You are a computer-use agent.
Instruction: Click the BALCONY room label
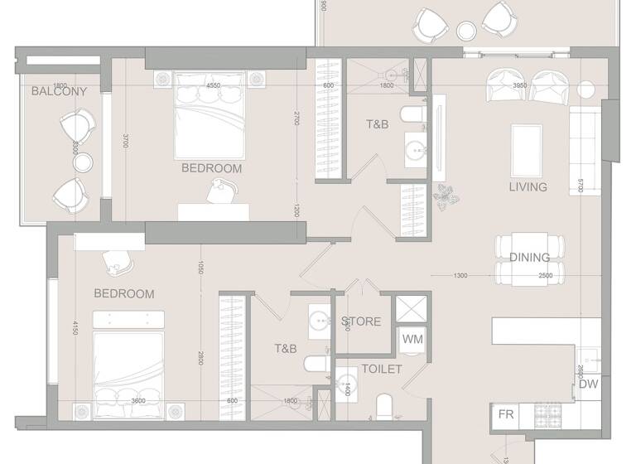click(59, 91)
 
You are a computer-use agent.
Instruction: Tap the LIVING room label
click(528, 187)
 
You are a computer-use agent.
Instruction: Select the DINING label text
click(530, 258)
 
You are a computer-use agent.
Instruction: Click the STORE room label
click(361, 321)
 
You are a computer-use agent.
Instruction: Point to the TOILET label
click(381, 369)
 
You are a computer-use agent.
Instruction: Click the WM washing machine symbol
click(412, 339)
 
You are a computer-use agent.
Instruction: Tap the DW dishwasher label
click(589, 384)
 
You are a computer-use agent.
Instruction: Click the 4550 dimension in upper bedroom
click(213, 85)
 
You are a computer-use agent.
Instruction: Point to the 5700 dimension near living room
click(581, 186)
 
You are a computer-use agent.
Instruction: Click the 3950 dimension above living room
click(520, 85)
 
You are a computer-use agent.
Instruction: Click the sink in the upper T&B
click(413, 150)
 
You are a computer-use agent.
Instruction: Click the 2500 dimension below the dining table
click(545, 276)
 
